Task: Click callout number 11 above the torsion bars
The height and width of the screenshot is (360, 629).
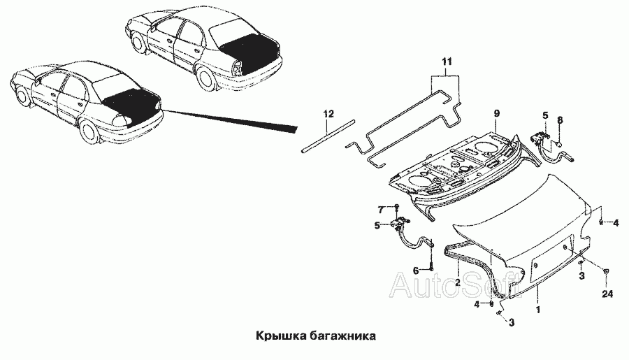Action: tap(447, 62)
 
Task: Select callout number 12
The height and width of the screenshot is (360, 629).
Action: tap(328, 114)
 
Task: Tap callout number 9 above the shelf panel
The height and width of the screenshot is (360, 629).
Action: tap(496, 113)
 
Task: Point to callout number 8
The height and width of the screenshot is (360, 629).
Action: tap(561, 120)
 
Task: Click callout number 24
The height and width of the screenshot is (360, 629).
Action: tap(608, 294)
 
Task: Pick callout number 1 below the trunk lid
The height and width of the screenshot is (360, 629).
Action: tap(538, 310)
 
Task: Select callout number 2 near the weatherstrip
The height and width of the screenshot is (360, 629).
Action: tap(457, 282)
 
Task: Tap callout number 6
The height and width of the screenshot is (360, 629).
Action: tap(416, 270)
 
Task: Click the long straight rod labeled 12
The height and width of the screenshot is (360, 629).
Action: tap(328, 135)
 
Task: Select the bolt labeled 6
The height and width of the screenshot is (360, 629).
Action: tap(431, 265)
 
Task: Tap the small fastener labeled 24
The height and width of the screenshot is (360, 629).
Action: tap(606, 271)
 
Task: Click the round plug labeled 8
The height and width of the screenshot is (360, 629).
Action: tap(560, 143)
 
